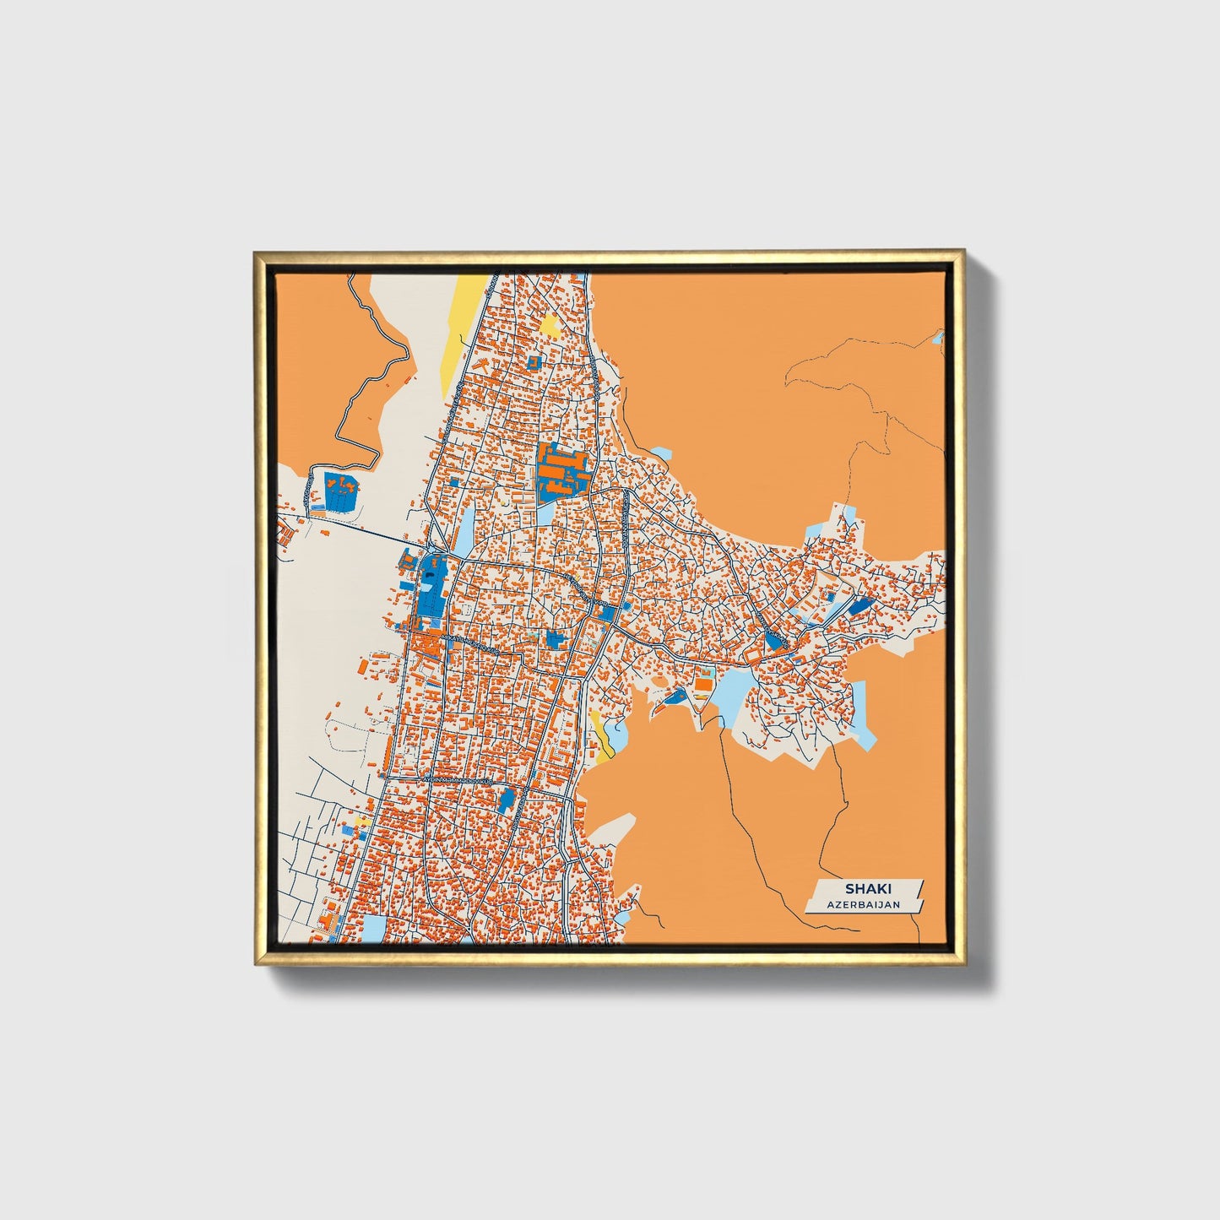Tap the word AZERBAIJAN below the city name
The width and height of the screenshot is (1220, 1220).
coord(863,904)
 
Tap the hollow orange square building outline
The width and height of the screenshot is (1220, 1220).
coord(750,656)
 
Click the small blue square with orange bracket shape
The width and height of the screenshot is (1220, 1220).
coord(533,362)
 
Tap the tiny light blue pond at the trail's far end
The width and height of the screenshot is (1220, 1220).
coord(938,338)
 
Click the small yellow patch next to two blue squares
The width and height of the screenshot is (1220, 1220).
coord(362,821)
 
